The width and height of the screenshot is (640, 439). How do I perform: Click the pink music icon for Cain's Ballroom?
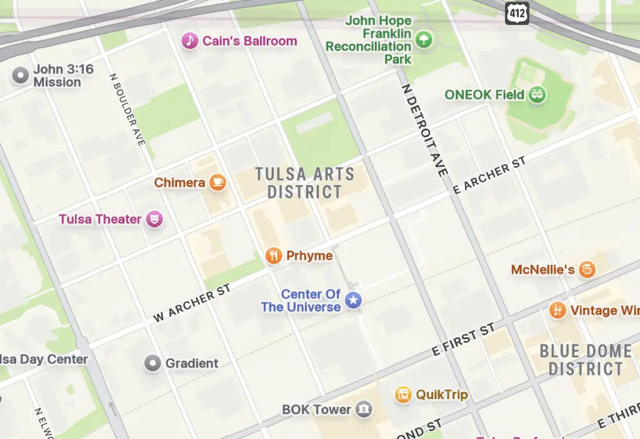189,41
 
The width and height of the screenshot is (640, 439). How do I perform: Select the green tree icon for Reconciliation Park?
424,40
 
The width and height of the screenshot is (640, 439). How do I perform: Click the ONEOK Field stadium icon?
537,95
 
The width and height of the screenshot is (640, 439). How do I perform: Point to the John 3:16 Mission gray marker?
21,76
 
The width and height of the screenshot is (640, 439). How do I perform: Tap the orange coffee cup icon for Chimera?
217,183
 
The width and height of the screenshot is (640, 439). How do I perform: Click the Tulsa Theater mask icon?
154,219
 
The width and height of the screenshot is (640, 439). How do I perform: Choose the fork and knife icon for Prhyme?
273,255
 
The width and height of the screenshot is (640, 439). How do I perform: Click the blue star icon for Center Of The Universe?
354,300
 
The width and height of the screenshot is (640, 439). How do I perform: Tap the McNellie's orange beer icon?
586,270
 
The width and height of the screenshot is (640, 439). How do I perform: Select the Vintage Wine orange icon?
557,310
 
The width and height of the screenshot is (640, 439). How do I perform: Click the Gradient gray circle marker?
152,363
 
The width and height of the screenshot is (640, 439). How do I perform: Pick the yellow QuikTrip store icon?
403,395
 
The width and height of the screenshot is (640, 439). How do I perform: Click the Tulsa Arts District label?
305,183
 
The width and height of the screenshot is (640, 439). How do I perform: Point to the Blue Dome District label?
586,360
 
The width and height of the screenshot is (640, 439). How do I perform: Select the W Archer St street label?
192,304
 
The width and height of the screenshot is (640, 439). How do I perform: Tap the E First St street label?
464,341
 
